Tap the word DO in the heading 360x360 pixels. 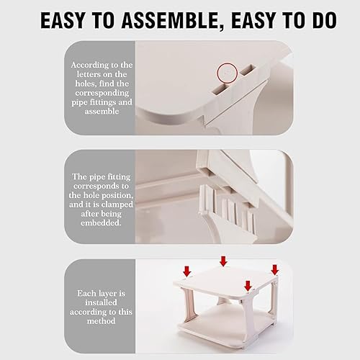324,20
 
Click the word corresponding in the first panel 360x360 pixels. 102,93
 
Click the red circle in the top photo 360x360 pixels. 228,73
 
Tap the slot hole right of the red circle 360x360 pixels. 248,70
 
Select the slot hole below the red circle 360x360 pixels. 220,89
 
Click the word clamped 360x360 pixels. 117,204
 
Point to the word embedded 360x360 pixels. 101,223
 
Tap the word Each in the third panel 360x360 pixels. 86,293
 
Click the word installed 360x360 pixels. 101,302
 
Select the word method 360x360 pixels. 101,321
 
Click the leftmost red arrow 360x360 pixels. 187,271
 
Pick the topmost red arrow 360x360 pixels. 223,261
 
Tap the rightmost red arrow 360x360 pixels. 275,269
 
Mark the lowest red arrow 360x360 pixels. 248,286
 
